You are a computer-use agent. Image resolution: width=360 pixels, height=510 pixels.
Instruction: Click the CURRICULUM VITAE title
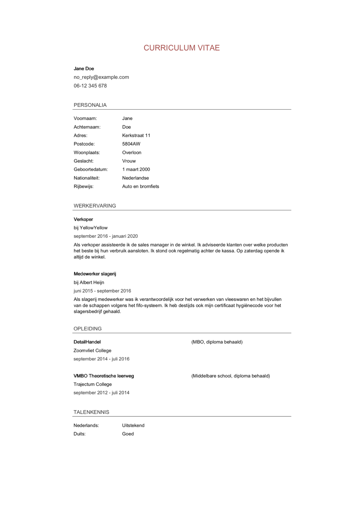[x=182, y=48]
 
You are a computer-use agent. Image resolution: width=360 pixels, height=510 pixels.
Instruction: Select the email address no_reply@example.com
[x=101, y=77]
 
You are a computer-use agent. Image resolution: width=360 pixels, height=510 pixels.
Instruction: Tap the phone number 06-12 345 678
[x=90, y=86]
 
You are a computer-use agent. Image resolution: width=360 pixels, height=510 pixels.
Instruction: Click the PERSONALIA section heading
[x=90, y=105]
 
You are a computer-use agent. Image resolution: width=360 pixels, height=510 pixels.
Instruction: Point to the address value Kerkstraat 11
[x=136, y=135]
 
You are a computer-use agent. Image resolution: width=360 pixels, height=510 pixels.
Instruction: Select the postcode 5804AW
[x=131, y=144]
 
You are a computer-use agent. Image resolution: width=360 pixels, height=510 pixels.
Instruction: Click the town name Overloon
[x=132, y=153]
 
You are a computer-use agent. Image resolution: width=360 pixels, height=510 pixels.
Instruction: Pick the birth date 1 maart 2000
[x=136, y=170]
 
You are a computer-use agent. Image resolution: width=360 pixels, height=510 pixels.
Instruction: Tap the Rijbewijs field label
[x=83, y=186]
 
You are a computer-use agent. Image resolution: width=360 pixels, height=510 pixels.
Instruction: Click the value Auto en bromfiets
[x=141, y=186]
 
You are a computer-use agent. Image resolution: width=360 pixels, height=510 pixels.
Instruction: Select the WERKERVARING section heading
[x=95, y=206]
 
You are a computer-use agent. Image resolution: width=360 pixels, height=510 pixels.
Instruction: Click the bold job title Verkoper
[x=83, y=219]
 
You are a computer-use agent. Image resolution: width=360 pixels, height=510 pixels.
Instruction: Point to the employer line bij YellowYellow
[x=91, y=228]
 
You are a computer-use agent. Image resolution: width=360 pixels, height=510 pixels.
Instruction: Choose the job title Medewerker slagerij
[x=95, y=274]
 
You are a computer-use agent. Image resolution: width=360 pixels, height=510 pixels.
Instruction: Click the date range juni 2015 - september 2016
[x=102, y=291]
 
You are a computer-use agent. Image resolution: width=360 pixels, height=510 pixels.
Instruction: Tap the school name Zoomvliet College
[x=92, y=351]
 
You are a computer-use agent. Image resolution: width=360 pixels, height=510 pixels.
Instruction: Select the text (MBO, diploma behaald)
[x=217, y=342]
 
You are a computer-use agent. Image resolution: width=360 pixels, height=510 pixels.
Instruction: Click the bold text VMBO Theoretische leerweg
[x=104, y=376]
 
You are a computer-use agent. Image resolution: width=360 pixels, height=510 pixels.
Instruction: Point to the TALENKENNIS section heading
[x=91, y=412]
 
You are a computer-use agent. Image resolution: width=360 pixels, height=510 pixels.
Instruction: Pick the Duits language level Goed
[x=128, y=434]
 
